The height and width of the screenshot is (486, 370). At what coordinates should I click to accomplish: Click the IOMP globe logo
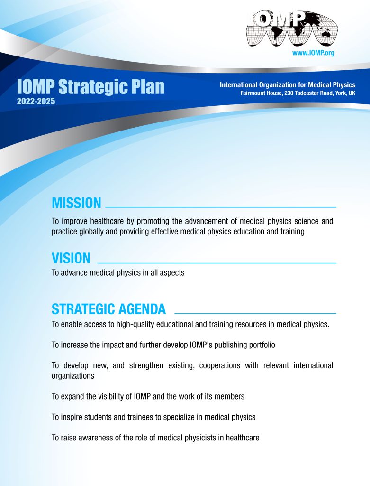point(292,29)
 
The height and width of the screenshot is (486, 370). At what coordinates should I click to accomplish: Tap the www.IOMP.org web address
point(313,53)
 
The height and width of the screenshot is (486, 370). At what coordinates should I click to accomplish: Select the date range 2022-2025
point(36,102)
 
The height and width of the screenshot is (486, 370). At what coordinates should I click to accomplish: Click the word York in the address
point(341,93)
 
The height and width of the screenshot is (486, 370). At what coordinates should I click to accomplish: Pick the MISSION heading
point(76,203)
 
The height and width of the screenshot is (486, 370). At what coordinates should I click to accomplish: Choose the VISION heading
point(71,258)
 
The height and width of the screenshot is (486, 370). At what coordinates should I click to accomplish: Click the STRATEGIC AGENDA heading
point(108,309)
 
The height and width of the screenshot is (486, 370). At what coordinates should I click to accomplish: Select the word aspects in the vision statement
point(172,273)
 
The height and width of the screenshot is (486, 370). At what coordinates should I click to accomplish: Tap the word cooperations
point(220,365)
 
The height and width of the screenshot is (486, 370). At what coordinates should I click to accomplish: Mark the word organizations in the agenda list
point(73,376)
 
